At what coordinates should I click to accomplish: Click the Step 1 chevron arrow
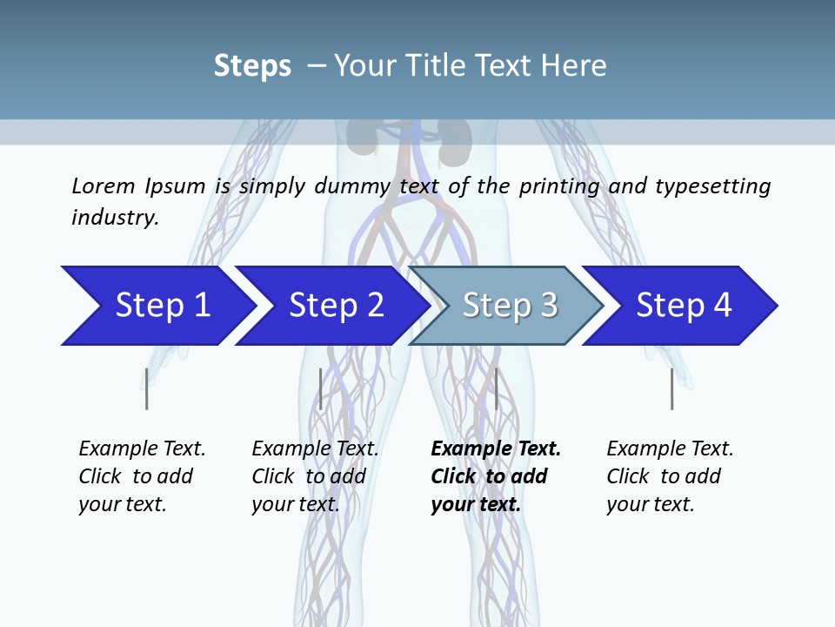[157, 306]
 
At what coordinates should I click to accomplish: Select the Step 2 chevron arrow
[331, 306]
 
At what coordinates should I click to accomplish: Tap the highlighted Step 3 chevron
[506, 306]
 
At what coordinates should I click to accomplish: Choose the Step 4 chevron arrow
[682, 306]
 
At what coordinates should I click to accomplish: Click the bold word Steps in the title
[252, 65]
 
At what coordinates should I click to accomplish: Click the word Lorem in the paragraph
[102, 185]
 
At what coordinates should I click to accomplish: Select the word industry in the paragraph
[115, 217]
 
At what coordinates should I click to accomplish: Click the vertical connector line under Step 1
[147, 388]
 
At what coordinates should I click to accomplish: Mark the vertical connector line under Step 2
[321, 388]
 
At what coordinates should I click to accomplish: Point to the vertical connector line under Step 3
[496, 388]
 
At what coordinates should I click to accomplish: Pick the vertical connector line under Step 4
[671, 388]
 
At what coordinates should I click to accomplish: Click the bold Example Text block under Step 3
[496, 476]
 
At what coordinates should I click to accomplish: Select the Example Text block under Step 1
[142, 476]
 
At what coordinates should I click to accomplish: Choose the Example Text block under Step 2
[315, 476]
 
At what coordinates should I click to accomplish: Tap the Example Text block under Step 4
[670, 476]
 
